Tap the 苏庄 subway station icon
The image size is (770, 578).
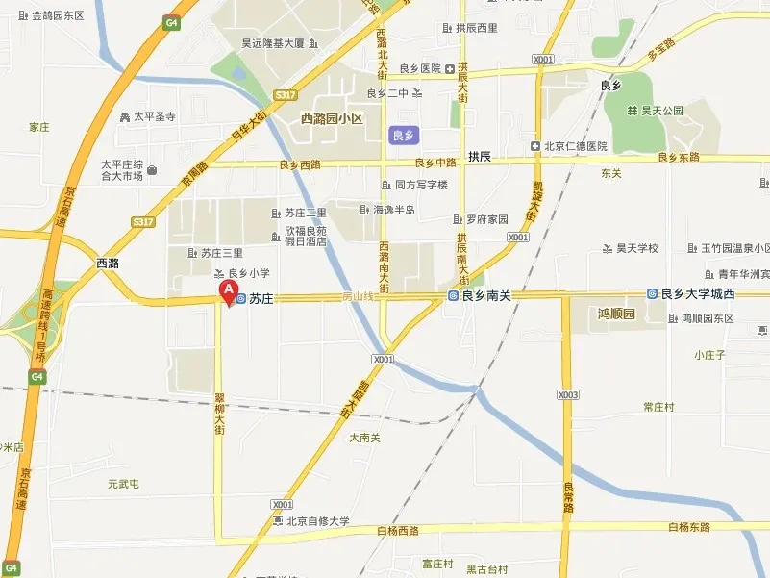pyautogui.click(x=241, y=298)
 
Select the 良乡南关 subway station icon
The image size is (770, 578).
pyautogui.click(x=453, y=296)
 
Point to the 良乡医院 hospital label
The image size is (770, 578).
pyautogui.click(x=420, y=68)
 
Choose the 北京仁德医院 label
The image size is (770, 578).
pyautogui.click(x=575, y=146)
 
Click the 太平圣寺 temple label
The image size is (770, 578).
pyautogui.click(x=154, y=117)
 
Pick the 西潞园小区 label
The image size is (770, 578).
pyautogui.click(x=331, y=118)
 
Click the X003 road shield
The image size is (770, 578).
pyautogui.click(x=568, y=394)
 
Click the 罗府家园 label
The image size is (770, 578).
pyautogui.click(x=487, y=218)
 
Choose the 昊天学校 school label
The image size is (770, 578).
pyautogui.click(x=636, y=249)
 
